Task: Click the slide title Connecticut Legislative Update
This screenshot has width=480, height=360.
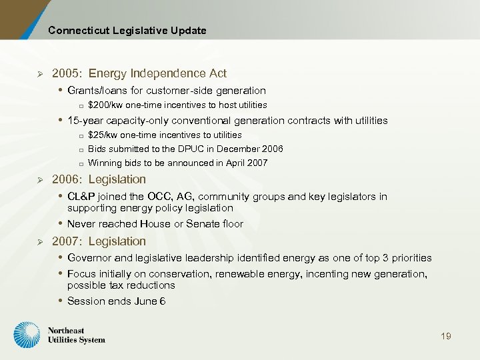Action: [127, 31]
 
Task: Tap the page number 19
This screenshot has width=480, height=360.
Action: [446, 336]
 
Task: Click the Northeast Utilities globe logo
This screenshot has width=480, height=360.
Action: [27, 335]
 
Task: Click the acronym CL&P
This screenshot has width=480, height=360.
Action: [81, 197]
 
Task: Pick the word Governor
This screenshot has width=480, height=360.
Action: [90, 258]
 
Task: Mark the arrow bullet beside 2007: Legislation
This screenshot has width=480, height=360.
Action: [41, 241]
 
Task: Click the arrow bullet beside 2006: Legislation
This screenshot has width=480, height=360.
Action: [41, 180]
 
